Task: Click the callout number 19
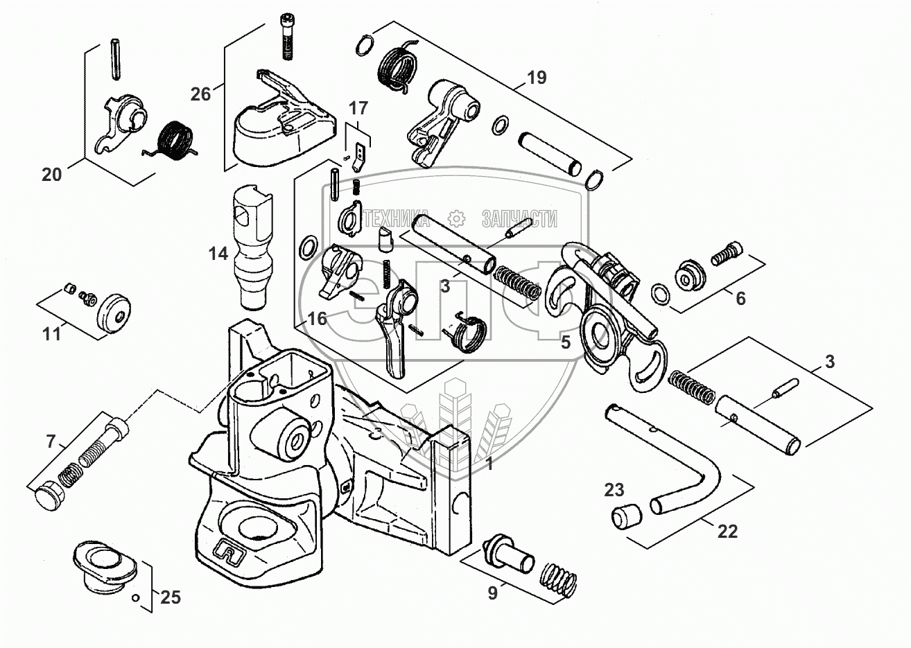click(537, 77)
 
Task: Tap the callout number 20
click(51, 175)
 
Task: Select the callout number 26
click(200, 94)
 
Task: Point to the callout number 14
click(218, 254)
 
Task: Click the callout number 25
click(171, 597)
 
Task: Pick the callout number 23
click(614, 490)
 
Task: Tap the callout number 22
click(727, 532)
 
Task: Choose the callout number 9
click(492, 593)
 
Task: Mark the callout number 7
click(51, 441)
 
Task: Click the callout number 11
click(51, 334)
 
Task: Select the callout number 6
click(741, 299)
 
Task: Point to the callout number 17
click(358, 109)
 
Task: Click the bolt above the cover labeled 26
click(287, 37)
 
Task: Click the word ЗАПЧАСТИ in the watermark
click(519, 220)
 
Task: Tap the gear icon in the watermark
click(456, 219)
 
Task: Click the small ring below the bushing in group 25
click(137, 598)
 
